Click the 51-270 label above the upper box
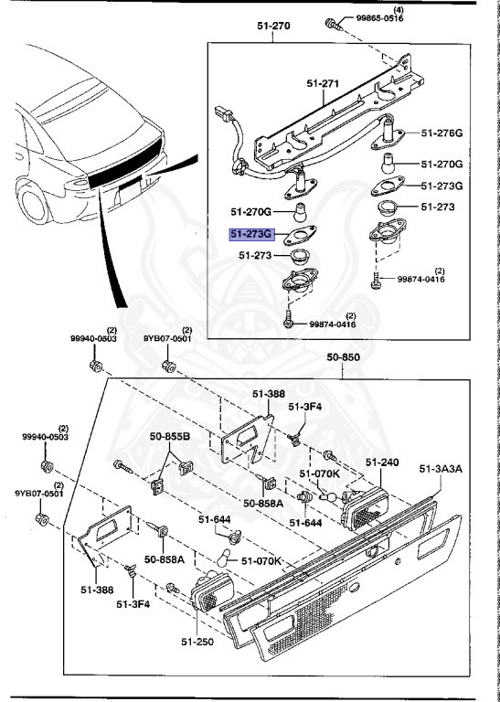click(272, 26)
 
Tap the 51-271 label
click(324, 84)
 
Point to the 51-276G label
click(441, 133)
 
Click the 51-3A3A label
click(441, 469)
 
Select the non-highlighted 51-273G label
click(441, 186)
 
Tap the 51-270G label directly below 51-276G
click(441, 164)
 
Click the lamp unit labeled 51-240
click(371, 500)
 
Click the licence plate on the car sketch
click(129, 191)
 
